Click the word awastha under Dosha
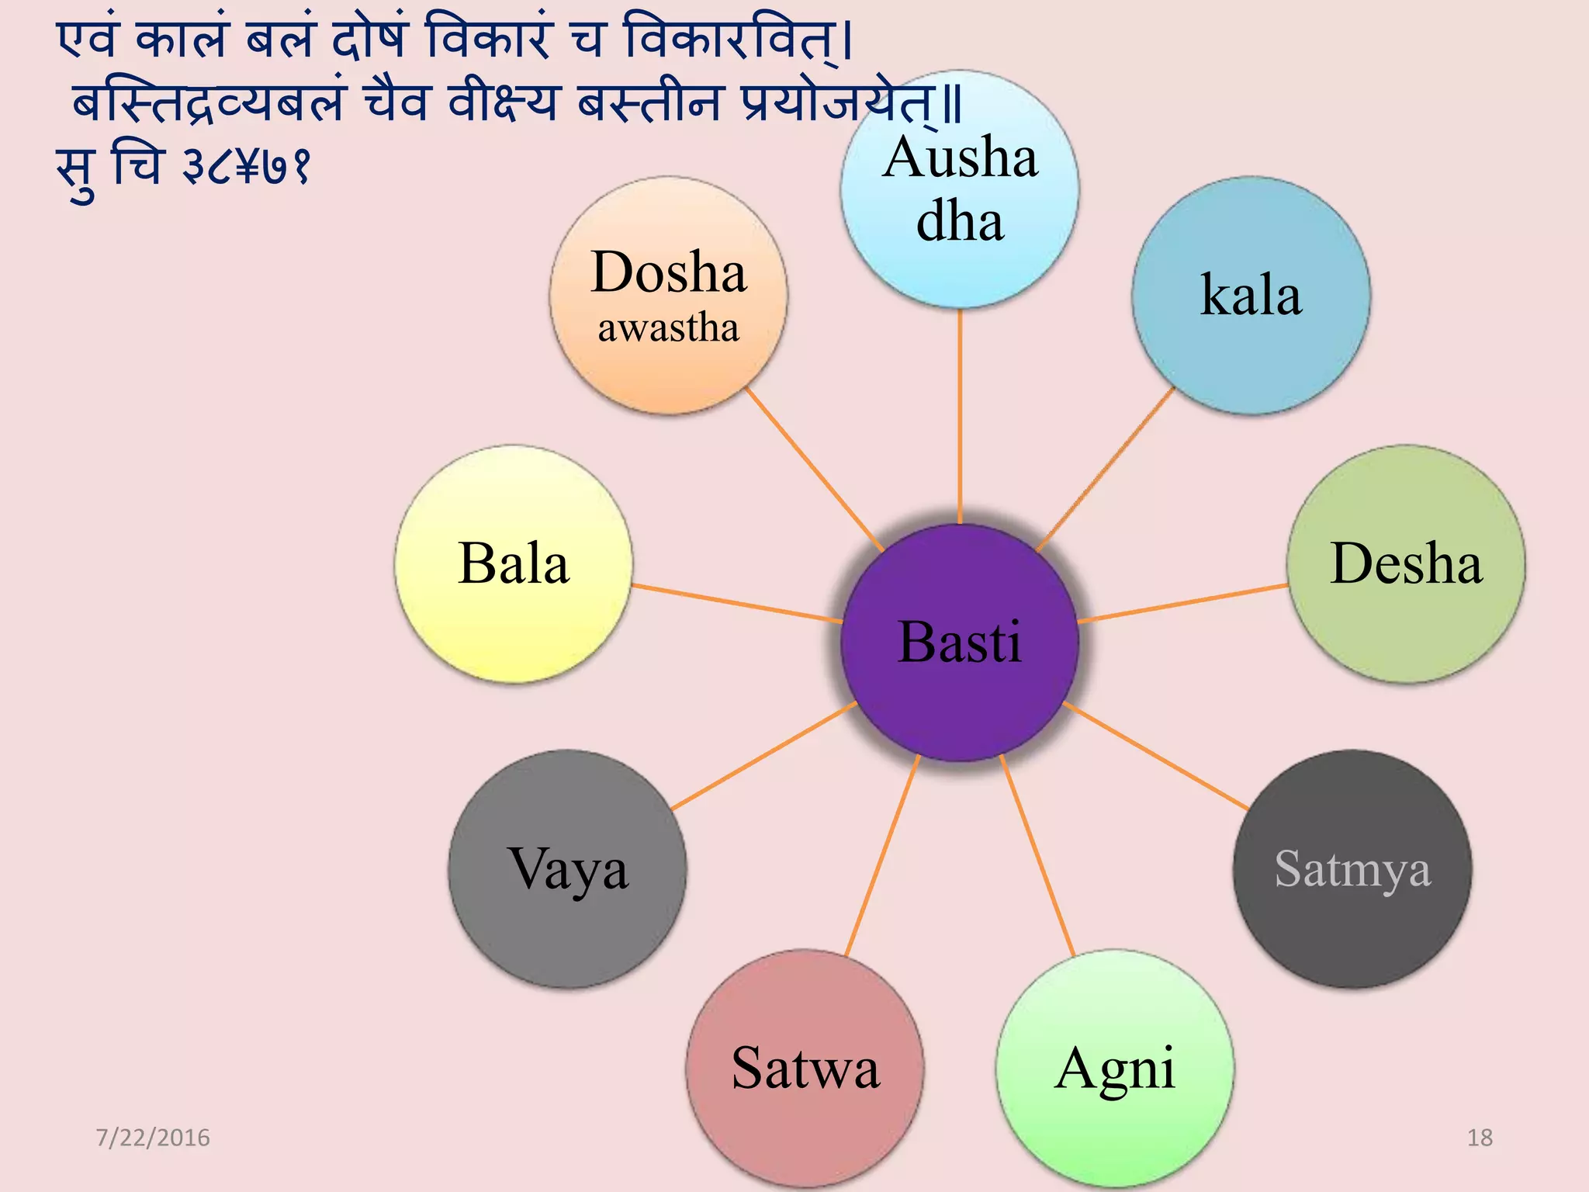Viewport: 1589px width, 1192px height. tap(668, 328)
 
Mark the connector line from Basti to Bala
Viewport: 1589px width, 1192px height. tap(737, 604)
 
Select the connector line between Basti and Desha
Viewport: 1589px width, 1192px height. tap(1183, 604)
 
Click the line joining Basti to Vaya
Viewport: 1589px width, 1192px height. tap(764, 756)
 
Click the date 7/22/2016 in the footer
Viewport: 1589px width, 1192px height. tap(153, 1138)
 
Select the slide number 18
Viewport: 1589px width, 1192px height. tap(1480, 1138)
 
